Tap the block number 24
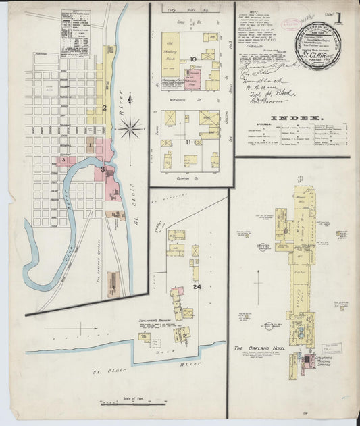click(x=197, y=286)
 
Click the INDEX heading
click(x=292, y=117)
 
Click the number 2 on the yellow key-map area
click(x=105, y=107)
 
